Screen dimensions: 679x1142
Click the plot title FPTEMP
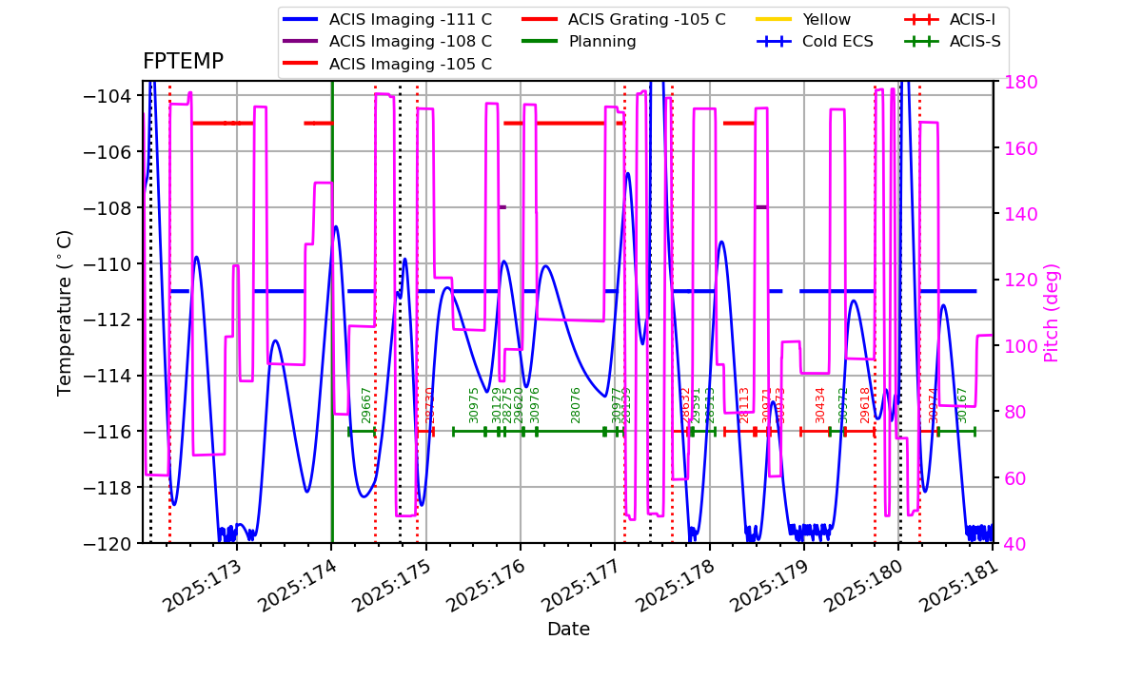pos(183,62)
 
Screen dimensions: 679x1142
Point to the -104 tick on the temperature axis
pos(110,96)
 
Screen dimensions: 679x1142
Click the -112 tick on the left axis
pos(110,320)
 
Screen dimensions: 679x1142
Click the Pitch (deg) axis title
pos(1052,312)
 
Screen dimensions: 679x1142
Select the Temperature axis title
pos(65,312)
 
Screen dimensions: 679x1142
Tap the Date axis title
pos(568,630)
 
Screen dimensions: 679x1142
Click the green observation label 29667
pos(366,404)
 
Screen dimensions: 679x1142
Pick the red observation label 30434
pos(820,404)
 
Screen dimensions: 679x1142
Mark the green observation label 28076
pos(576,404)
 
